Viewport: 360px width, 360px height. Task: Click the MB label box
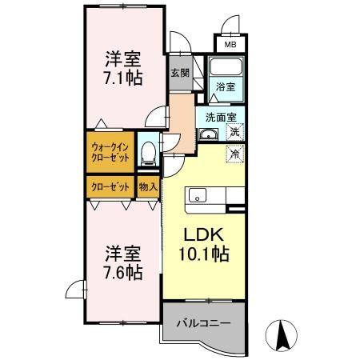click(228, 45)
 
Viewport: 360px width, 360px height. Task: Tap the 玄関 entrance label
click(179, 73)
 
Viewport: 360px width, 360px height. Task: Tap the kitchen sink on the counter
click(198, 196)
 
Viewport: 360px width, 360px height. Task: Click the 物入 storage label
click(148, 187)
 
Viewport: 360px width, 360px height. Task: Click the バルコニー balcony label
click(203, 324)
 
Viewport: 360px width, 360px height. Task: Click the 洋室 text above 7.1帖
click(124, 58)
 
